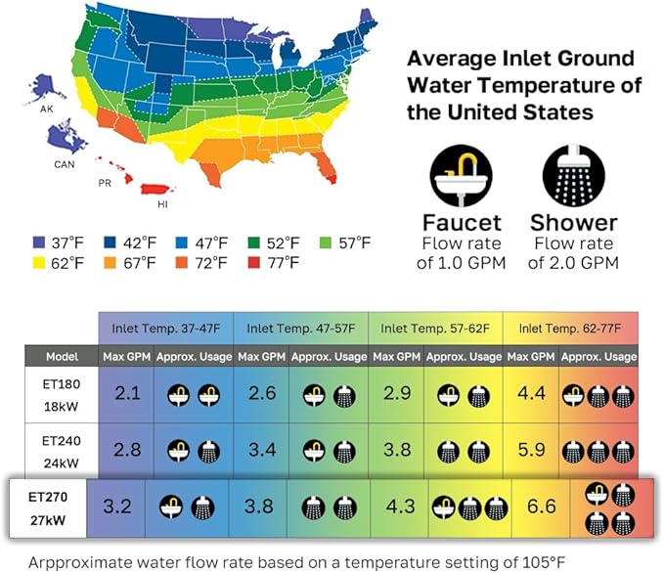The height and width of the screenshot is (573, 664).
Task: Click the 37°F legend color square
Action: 39,242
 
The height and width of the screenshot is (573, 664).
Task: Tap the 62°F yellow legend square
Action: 39,262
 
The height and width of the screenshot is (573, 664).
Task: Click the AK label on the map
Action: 46,110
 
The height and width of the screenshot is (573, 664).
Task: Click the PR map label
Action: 105,183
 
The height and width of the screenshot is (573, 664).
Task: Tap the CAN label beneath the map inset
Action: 64,164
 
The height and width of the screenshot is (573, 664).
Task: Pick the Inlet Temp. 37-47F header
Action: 165,328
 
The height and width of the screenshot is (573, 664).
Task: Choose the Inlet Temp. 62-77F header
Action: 569,328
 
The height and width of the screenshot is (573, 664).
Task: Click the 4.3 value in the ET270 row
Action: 401,508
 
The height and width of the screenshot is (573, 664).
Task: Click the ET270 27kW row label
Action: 48,508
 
